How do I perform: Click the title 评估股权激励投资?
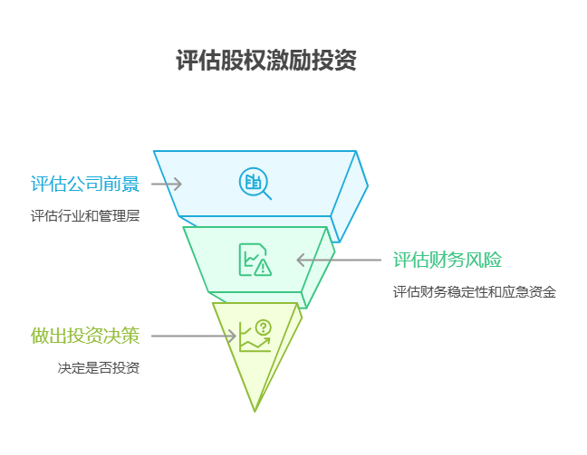[266, 62]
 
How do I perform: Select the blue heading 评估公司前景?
[85, 185]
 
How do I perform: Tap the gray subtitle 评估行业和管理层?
[85, 216]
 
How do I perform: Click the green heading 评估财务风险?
[447, 261]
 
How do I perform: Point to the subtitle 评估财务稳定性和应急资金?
[474, 292]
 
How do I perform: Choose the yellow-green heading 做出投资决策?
[85, 337]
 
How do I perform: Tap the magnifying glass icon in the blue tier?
[255, 183]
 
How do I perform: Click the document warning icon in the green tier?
[255, 260]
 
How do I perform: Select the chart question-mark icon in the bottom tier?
[255, 336]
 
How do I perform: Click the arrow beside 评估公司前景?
[167, 185]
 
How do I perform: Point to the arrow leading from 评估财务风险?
[339, 261]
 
